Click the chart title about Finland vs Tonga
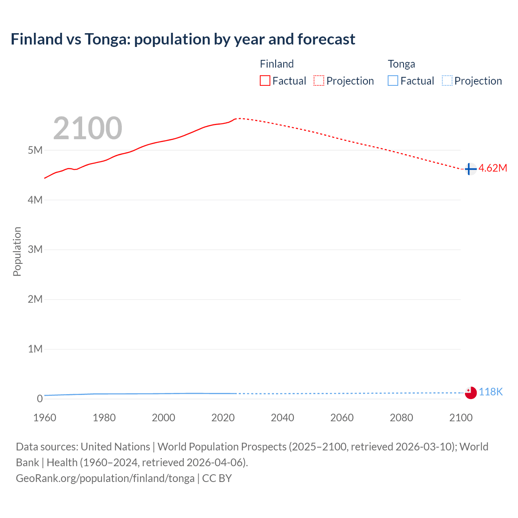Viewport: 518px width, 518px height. click(x=183, y=39)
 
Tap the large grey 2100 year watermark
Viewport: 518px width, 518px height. click(x=87, y=128)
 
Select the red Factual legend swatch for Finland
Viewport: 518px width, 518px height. click(x=265, y=81)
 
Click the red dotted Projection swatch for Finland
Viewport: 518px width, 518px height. click(x=319, y=81)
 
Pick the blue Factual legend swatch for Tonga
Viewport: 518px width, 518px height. click(x=393, y=81)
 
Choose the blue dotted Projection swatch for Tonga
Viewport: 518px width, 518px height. click(x=447, y=81)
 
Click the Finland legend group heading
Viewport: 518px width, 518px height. click(x=277, y=64)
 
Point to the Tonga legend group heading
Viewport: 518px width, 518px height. click(x=401, y=64)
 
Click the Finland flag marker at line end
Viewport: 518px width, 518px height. click(x=470, y=169)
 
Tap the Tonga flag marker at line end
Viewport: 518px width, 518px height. click(x=471, y=393)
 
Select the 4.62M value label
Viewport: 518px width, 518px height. click(x=493, y=168)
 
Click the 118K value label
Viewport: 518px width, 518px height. click(x=491, y=392)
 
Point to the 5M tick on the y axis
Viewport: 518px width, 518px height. click(x=35, y=150)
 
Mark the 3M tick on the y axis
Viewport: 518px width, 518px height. click(x=35, y=249)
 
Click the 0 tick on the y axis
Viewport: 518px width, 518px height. click(x=40, y=399)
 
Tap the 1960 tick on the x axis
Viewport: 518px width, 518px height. click(x=45, y=418)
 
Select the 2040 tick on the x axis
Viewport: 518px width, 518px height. click(x=282, y=418)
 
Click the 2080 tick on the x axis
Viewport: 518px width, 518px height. click(x=401, y=418)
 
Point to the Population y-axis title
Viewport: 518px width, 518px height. click(x=17, y=251)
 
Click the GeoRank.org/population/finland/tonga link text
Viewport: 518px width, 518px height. click(x=105, y=478)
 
